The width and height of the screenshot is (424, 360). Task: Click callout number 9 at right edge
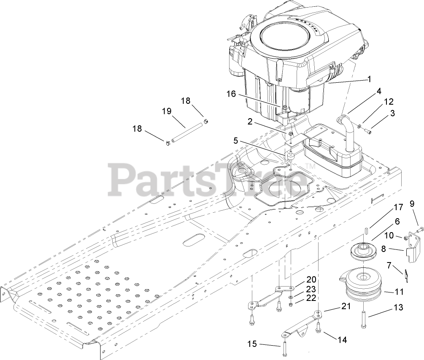click(412, 203)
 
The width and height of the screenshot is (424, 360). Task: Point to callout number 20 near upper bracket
click(311, 279)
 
